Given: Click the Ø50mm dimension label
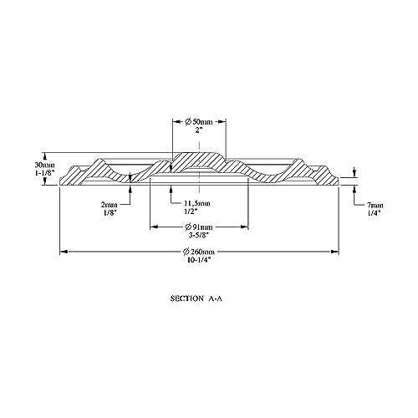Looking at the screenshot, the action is click(x=199, y=122).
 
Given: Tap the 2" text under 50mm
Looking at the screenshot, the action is click(x=198, y=130).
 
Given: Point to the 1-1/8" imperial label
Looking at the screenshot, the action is click(x=45, y=173).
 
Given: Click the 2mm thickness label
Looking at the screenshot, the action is click(x=109, y=205).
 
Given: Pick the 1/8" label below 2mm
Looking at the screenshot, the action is click(x=109, y=212).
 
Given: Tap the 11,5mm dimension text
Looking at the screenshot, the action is click(x=197, y=203).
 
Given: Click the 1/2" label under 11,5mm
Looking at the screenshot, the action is click(x=191, y=212).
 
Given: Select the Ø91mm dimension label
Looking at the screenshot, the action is click(x=199, y=227).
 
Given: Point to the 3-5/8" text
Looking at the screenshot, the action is click(x=199, y=235).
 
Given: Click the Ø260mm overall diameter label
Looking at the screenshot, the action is click(x=199, y=252).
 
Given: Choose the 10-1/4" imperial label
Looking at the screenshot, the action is click(x=199, y=260).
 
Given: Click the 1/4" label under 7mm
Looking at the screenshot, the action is click(x=374, y=213).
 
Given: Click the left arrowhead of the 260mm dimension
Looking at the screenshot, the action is click(x=64, y=252).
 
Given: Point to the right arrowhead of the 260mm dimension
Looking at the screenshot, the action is click(x=334, y=252).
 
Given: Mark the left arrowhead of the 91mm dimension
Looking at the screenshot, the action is click(x=154, y=227).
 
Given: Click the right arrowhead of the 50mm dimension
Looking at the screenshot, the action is click(x=222, y=121).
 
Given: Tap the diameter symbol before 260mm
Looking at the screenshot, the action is click(x=186, y=252).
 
